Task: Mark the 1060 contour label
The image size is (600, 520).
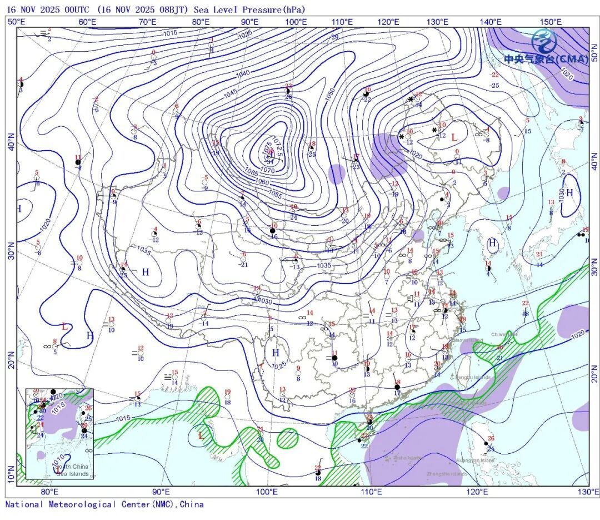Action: (x=262, y=182)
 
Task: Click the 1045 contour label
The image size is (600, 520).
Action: (x=230, y=95)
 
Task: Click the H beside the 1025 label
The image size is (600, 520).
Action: (x=275, y=353)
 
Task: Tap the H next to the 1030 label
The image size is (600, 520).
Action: (x=569, y=192)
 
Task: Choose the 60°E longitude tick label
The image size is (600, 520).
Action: (x=87, y=22)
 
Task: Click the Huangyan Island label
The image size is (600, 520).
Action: (x=475, y=460)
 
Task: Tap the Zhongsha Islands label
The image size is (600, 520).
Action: (x=447, y=474)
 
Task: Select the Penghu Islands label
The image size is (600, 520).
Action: (x=473, y=377)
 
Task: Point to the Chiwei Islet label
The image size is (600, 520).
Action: (x=504, y=334)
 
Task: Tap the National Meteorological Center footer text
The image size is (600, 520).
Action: (x=104, y=504)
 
